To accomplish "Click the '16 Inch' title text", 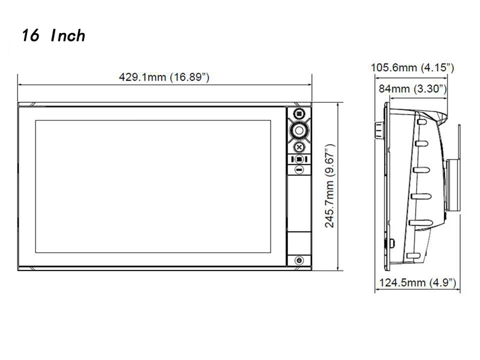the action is click(x=53, y=35).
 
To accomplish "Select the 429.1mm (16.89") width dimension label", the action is click(x=164, y=77).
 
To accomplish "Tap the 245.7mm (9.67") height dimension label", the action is click(x=329, y=186).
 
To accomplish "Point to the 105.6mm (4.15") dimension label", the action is click(x=412, y=68).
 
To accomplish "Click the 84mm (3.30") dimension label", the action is click(x=413, y=89).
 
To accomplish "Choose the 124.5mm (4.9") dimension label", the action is click(x=418, y=283).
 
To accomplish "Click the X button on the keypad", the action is click(x=299, y=147).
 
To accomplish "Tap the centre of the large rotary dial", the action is click(x=299, y=131).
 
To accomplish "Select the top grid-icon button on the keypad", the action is click(x=299, y=114).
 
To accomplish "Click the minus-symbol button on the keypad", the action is click(x=299, y=169).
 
